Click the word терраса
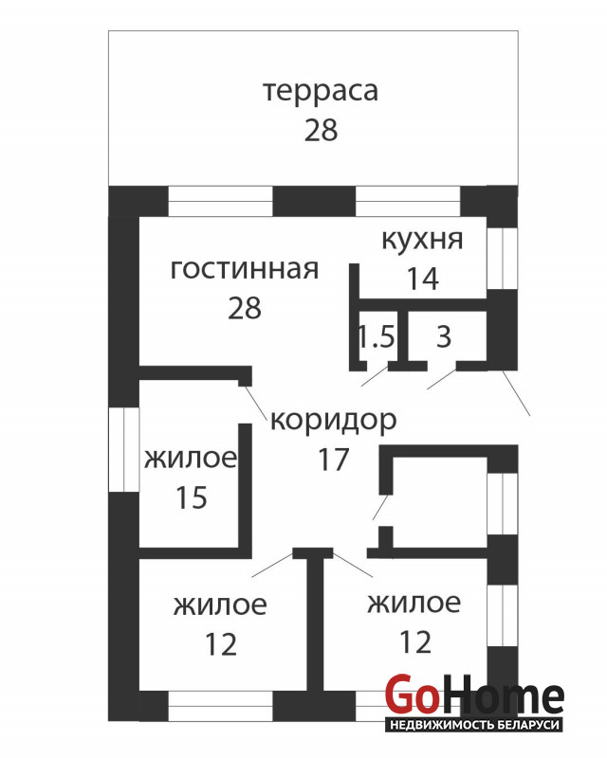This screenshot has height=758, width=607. pos(321,92)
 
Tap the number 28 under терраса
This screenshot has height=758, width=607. pos(321,130)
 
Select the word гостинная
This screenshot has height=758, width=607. pos(245,269)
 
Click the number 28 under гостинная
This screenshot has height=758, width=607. pos(245,308)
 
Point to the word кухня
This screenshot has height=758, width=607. pos(422,240)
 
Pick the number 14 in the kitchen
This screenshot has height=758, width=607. pos(423,279)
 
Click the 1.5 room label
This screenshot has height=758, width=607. pos(377,336)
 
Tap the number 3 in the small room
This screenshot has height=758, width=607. pos(444,336)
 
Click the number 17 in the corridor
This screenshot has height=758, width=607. pos(334,460)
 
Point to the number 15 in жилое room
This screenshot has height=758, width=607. pos(192,497)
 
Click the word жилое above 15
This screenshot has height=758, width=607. pos(191,458)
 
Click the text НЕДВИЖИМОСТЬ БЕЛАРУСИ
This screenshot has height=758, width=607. pos(474,725)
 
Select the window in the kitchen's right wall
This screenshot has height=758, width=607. pos(503,259)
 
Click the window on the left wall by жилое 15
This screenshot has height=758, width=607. pos(124,450)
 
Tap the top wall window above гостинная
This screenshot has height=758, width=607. pos(220,202)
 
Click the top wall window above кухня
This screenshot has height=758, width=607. pos(408,202)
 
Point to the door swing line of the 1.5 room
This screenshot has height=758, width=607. pos(375,376)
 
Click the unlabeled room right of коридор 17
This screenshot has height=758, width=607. pos(439,503)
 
